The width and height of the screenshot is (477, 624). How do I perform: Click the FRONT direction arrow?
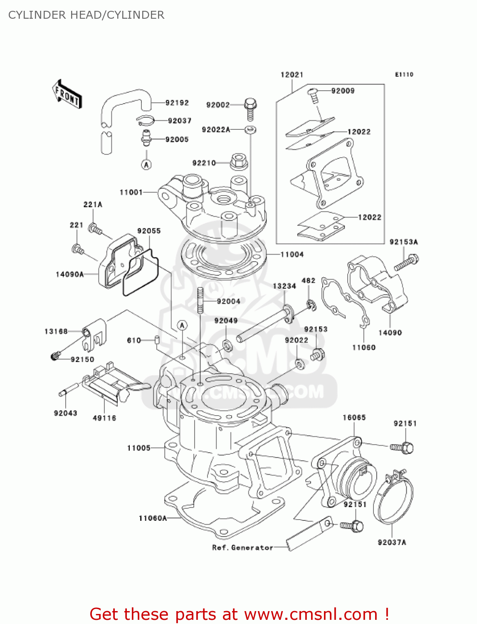click(67, 94)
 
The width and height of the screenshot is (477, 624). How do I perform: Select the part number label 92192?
click(177, 103)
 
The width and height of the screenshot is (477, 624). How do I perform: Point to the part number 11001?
click(131, 192)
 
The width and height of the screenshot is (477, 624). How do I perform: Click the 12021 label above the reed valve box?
click(292, 75)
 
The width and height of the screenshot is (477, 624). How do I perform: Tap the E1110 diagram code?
click(404, 74)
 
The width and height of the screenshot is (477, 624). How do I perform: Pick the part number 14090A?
click(69, 274)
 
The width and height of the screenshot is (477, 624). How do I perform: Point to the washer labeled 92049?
click(227, 345)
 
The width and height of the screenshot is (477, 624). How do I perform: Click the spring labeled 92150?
click(55, 356)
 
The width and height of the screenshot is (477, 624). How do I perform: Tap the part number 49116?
click(104, 418)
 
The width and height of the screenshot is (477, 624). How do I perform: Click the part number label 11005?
click(138, 448)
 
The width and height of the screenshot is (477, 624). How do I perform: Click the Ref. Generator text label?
click(242, 548)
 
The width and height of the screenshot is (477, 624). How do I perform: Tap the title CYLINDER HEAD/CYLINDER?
click(86, 15)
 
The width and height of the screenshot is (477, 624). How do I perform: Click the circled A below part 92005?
click(146, 165)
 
